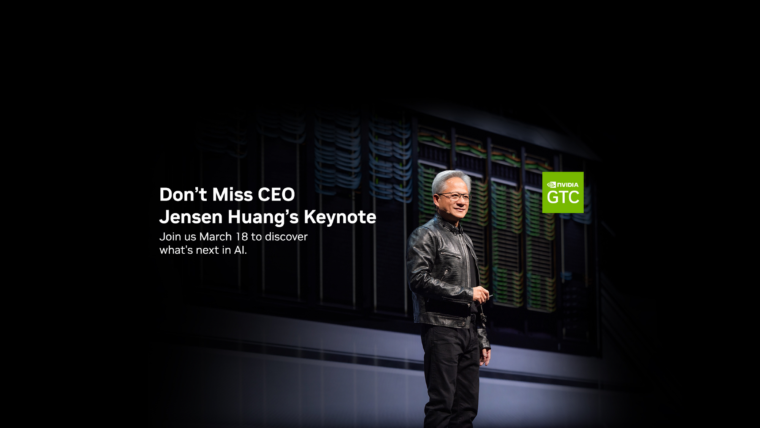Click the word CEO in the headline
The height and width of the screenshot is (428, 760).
(276, 194)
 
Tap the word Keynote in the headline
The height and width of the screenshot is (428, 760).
(340, 218)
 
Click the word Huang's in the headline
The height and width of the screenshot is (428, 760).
(263, 218)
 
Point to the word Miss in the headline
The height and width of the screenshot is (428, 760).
(232, 194)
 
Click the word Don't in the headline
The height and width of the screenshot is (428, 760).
(183, 194)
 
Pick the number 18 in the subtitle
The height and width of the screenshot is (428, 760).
(242, 237)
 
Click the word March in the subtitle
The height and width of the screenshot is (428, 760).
(215, 237)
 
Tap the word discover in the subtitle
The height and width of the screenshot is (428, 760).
(286, 237)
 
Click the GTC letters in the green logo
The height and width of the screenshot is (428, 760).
(563, 197)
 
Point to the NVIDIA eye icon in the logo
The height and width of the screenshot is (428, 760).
(551, 185)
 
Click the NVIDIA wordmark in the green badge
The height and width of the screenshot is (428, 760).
(568, 185)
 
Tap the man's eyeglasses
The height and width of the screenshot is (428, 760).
(454, 197)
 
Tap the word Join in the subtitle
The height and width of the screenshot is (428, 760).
(170, 237)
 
